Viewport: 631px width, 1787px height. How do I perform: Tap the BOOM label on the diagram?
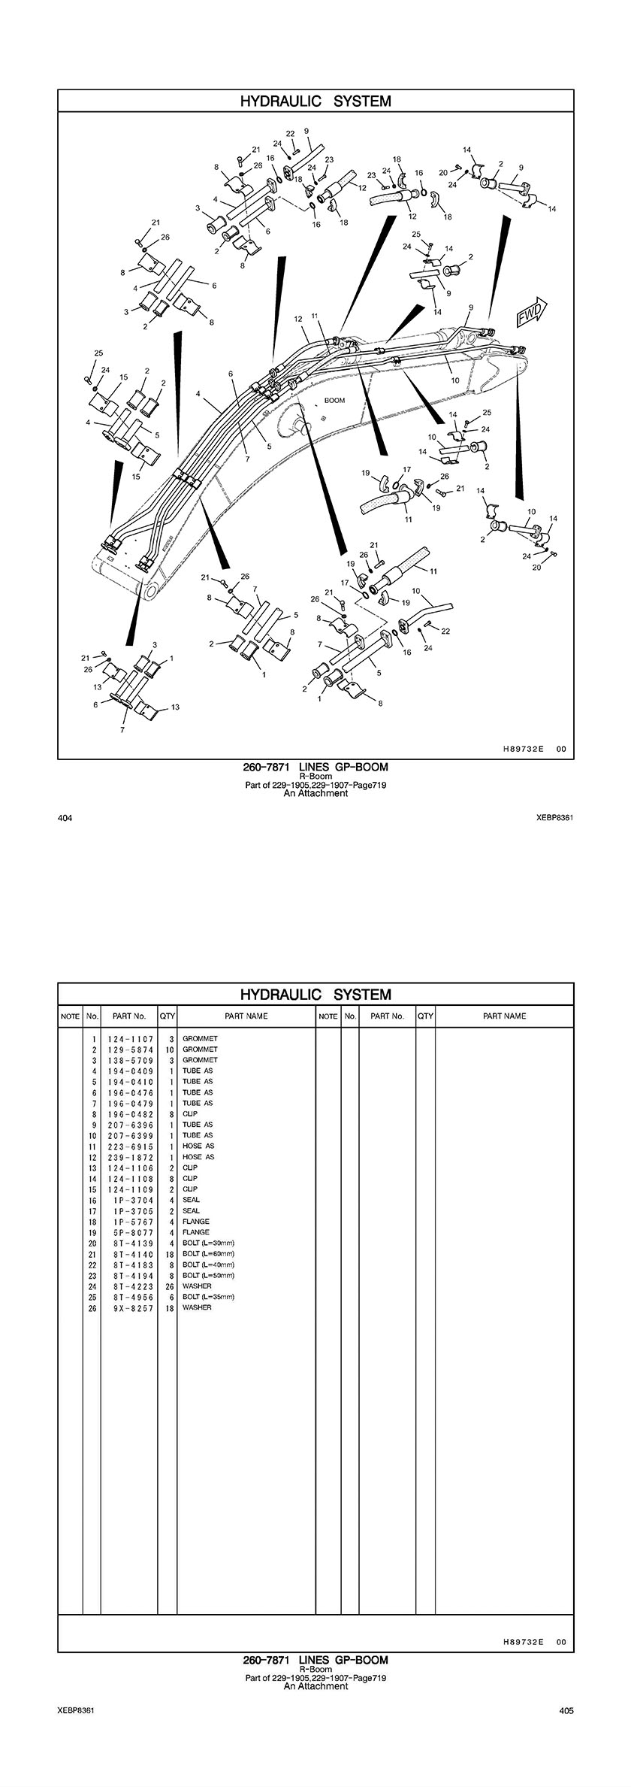coord(334,401)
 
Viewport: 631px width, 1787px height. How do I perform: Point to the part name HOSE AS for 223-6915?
coord(198,1146)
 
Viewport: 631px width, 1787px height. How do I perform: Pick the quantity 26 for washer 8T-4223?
coord(168,1286)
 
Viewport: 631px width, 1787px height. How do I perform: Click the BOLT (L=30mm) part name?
coord(208,1243)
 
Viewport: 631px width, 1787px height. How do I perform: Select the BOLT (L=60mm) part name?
coord(208,1254)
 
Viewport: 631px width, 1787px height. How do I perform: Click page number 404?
coord(64,818)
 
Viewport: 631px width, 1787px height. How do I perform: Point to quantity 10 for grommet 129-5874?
coord(169,1049)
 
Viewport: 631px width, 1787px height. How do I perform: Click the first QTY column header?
coord(168,1016)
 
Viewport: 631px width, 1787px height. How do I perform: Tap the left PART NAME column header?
coord(246,1016)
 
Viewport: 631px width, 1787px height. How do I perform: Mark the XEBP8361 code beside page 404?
coord(554,818)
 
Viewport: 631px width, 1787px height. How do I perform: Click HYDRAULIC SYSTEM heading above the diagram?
coord(315,101)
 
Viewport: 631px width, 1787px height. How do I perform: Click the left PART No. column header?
coord(129,1016)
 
